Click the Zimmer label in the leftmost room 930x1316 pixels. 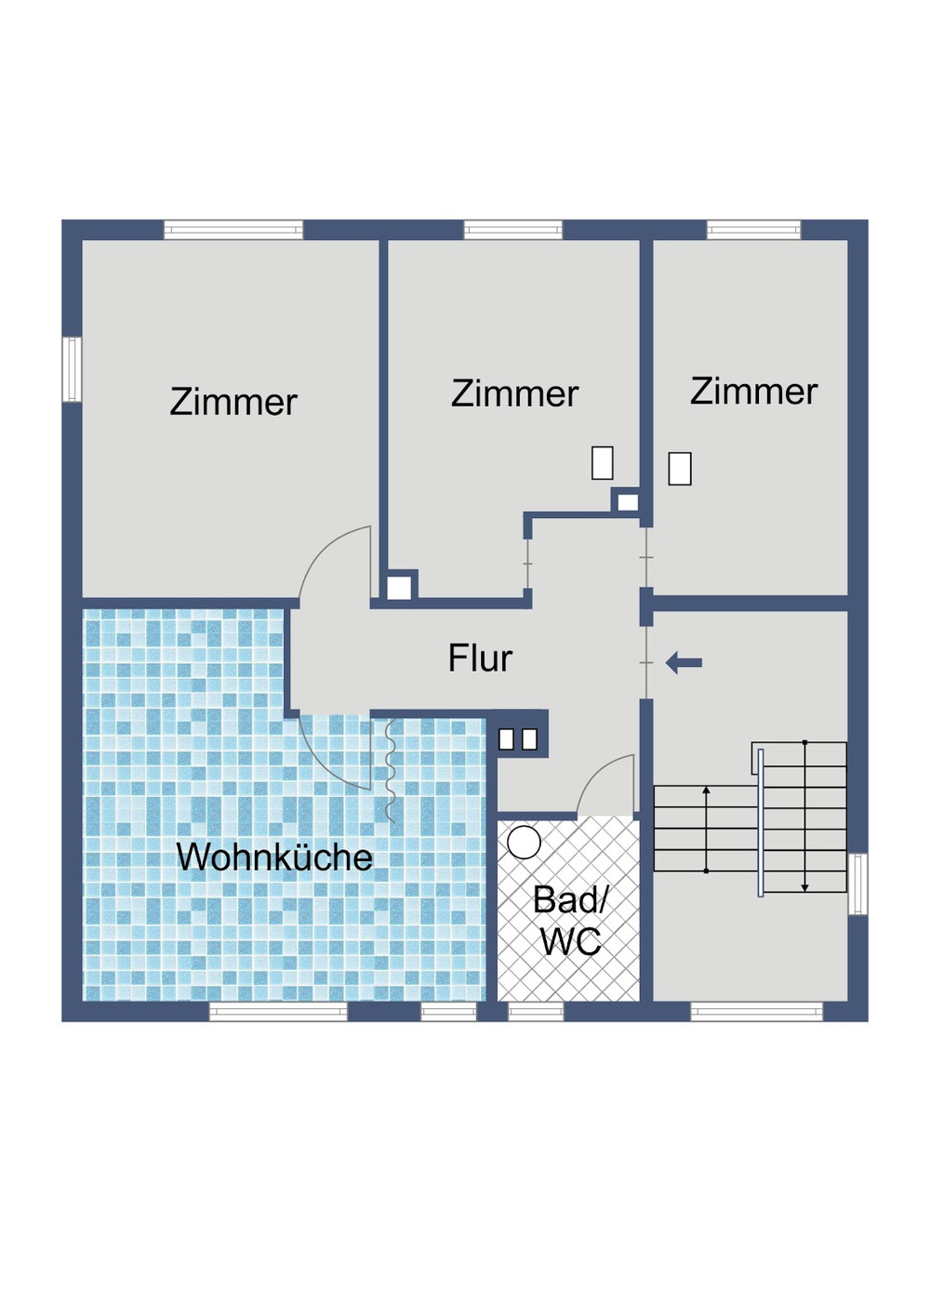(x=233, y=402)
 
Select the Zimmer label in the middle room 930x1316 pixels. (x=514, y=393)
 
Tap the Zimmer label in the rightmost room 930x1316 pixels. (x=753, y=392)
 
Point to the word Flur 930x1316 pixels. (x=480, y=658)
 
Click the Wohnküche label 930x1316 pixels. (x=274, y=857)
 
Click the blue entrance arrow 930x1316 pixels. (x=684, y=663)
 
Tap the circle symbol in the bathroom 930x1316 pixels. (x=525, y=843)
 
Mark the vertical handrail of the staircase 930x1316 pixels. (x=761, y=822)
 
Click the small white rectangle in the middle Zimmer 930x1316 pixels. (x=603, y=463)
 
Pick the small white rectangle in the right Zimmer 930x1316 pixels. (x=680, y=469)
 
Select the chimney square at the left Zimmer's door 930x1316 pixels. (x=399, y=588)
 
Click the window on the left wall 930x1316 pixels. (x=72, y=369)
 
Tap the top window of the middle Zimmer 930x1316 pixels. (x=513, y=230)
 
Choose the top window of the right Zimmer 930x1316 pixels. (x=753, y=230)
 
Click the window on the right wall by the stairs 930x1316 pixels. (x=857, y=884)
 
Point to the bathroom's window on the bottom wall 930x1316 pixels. (x=536, y=1012)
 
